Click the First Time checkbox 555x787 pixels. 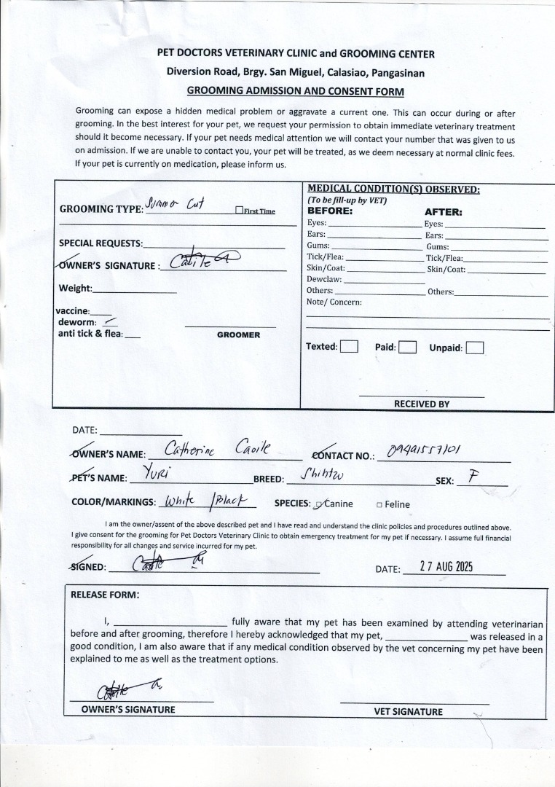[239, 211]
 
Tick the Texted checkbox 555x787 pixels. [350, 347]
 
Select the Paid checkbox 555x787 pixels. [407, 348]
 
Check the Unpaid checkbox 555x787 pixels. [475, 348]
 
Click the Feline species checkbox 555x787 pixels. [379, 504]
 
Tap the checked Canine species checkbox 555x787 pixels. [319, 504]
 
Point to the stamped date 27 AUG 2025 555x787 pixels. [446, 568]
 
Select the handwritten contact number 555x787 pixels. [424, 451]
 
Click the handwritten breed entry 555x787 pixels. [322, 476]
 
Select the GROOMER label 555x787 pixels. [238, 335]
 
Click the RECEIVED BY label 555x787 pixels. [422, 404]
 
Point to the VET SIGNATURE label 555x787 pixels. [408, 712]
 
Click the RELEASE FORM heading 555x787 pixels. [105, 595]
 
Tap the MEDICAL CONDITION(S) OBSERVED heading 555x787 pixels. [393, 189]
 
